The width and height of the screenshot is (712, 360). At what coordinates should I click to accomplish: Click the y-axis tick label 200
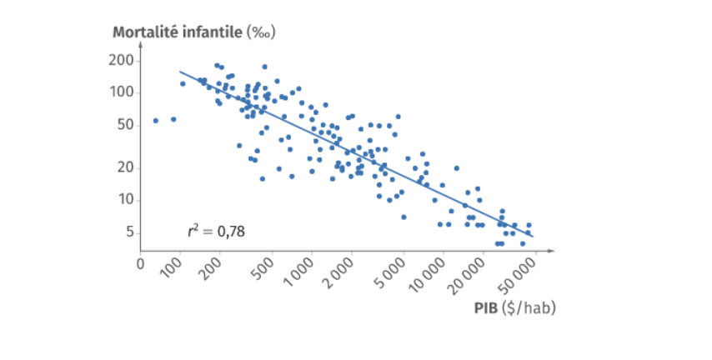(x=121, y=60)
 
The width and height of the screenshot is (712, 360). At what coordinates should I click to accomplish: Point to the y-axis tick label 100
(x=121, y=92)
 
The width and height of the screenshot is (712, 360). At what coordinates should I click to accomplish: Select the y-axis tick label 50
(x=125, y=125)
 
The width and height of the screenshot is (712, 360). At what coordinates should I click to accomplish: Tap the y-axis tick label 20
(x=125, y=168)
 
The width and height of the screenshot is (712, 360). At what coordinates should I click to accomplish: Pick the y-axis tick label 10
(x=125, y=200)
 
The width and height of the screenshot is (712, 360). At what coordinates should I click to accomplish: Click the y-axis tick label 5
(x=130, y=232)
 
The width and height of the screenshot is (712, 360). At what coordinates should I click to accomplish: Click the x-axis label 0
(x=141, y=264)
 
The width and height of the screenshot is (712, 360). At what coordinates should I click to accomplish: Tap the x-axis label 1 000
(x=298, y=272)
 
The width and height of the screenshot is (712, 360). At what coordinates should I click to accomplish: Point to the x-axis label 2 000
(x=338, y=272)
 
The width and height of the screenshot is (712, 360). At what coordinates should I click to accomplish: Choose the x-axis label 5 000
(x=391, y=272)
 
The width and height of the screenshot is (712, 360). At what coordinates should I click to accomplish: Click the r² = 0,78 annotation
(x=216, y=232)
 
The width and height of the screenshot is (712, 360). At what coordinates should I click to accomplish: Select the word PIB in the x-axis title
(x=486, y=307)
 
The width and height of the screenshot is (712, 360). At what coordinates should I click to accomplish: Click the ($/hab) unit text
(x=529, y=308)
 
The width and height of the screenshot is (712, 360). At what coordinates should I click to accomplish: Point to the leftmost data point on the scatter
(x=156, y=121)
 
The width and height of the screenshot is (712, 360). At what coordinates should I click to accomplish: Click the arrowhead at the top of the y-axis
(x=141, y=43)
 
